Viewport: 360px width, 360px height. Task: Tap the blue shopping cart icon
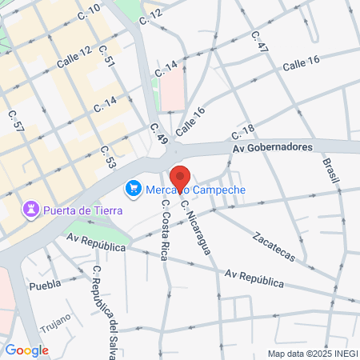133,190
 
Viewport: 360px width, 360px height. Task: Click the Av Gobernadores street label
271,148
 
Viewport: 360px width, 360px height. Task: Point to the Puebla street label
44,285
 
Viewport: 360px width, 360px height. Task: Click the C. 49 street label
159,133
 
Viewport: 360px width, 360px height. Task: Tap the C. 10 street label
90,10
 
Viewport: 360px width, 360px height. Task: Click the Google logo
27,350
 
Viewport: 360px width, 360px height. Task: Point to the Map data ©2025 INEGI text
312,353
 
